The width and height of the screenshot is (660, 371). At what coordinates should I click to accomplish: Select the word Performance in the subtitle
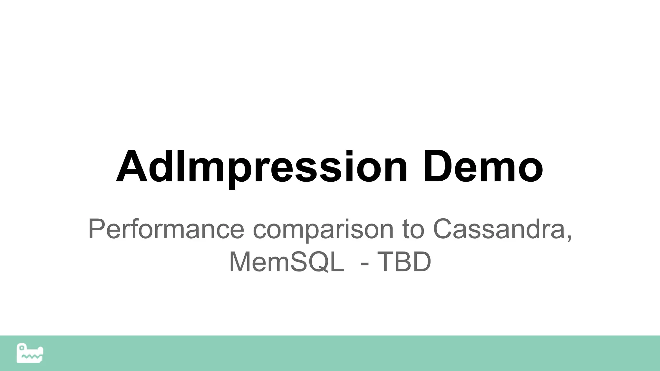coord(166,229)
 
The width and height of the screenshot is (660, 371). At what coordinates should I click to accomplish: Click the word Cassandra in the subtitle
coord(498,229)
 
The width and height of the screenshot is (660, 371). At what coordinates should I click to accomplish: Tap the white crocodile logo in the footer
coord(30,353)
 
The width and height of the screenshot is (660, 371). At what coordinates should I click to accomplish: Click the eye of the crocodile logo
coord(22,348)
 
